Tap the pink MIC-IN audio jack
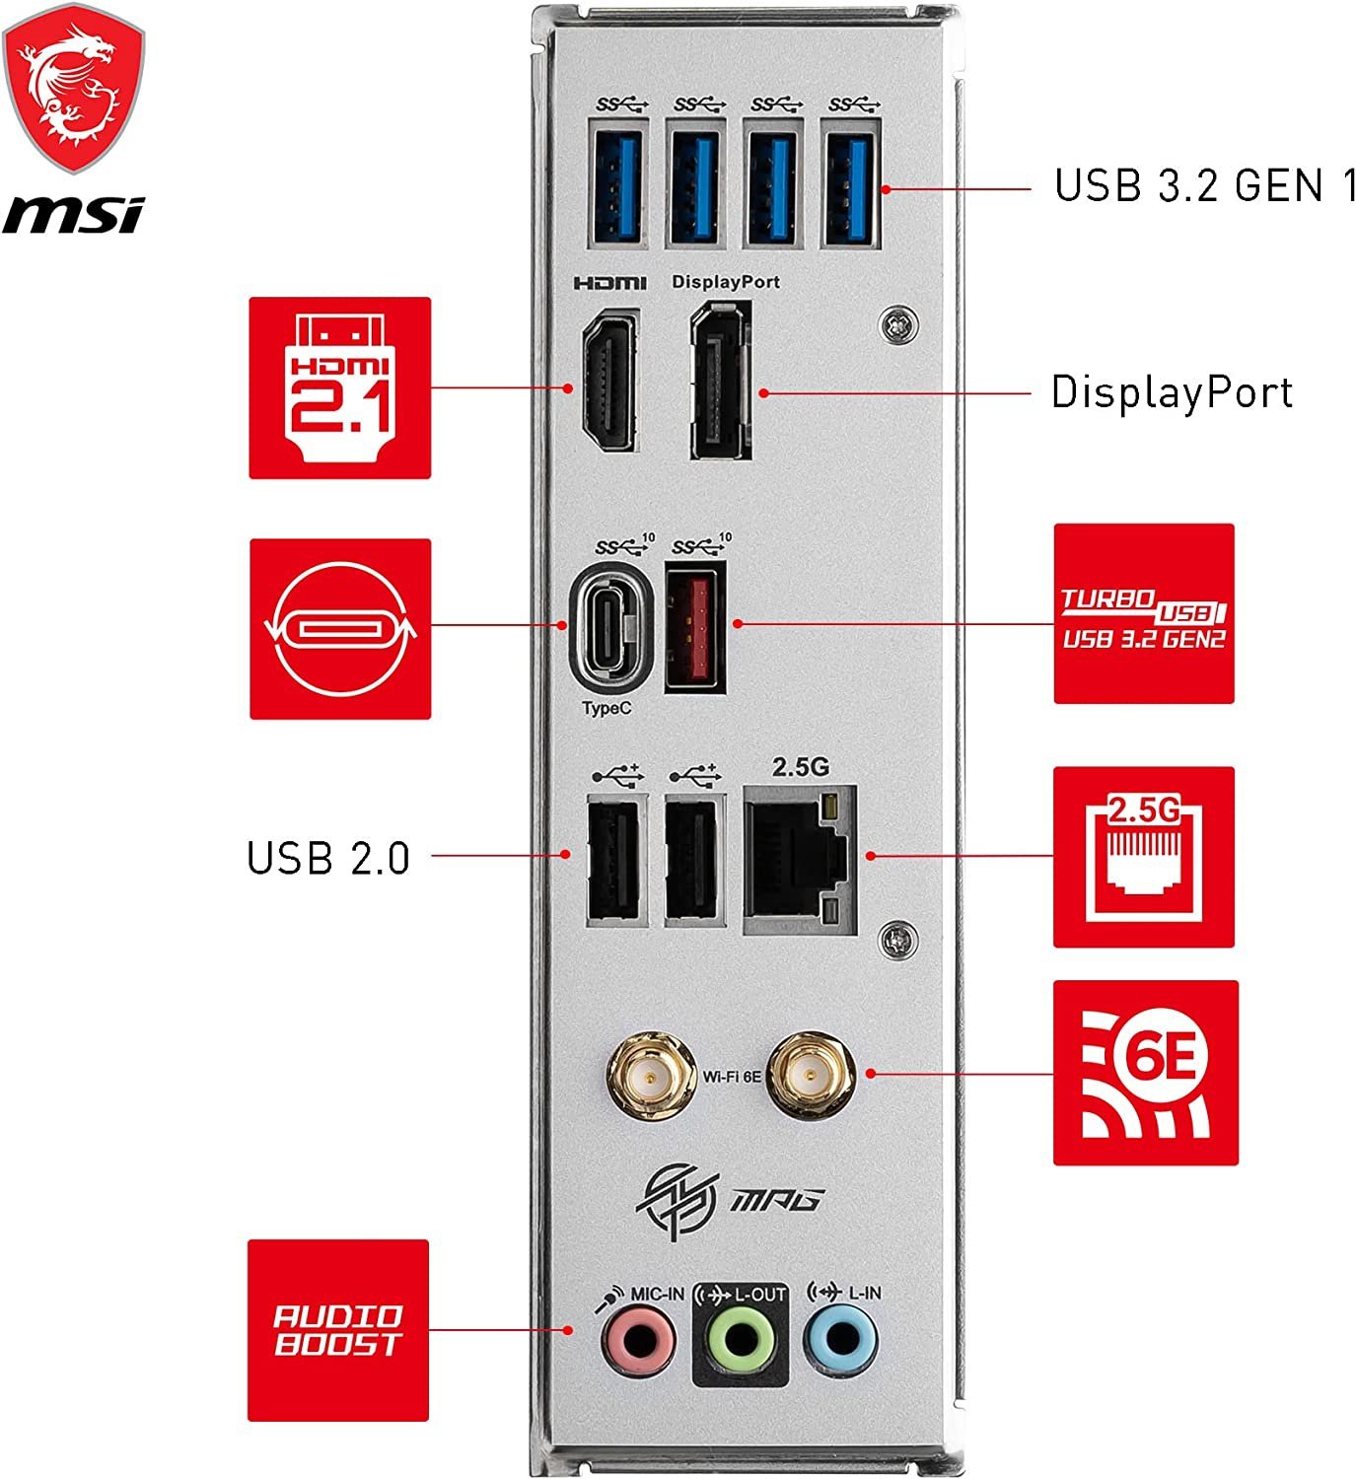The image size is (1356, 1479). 639,1341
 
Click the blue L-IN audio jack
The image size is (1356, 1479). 840,1341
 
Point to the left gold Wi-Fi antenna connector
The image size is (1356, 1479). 648,1074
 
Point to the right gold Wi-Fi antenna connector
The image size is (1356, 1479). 810,1074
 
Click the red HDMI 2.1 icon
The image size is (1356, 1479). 339,387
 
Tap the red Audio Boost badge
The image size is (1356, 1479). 337,1330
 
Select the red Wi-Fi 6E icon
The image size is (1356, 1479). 1145,1072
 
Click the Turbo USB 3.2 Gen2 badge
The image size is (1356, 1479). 1143,613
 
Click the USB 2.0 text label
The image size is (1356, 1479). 327,858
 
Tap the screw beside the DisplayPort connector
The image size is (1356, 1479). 897,324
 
